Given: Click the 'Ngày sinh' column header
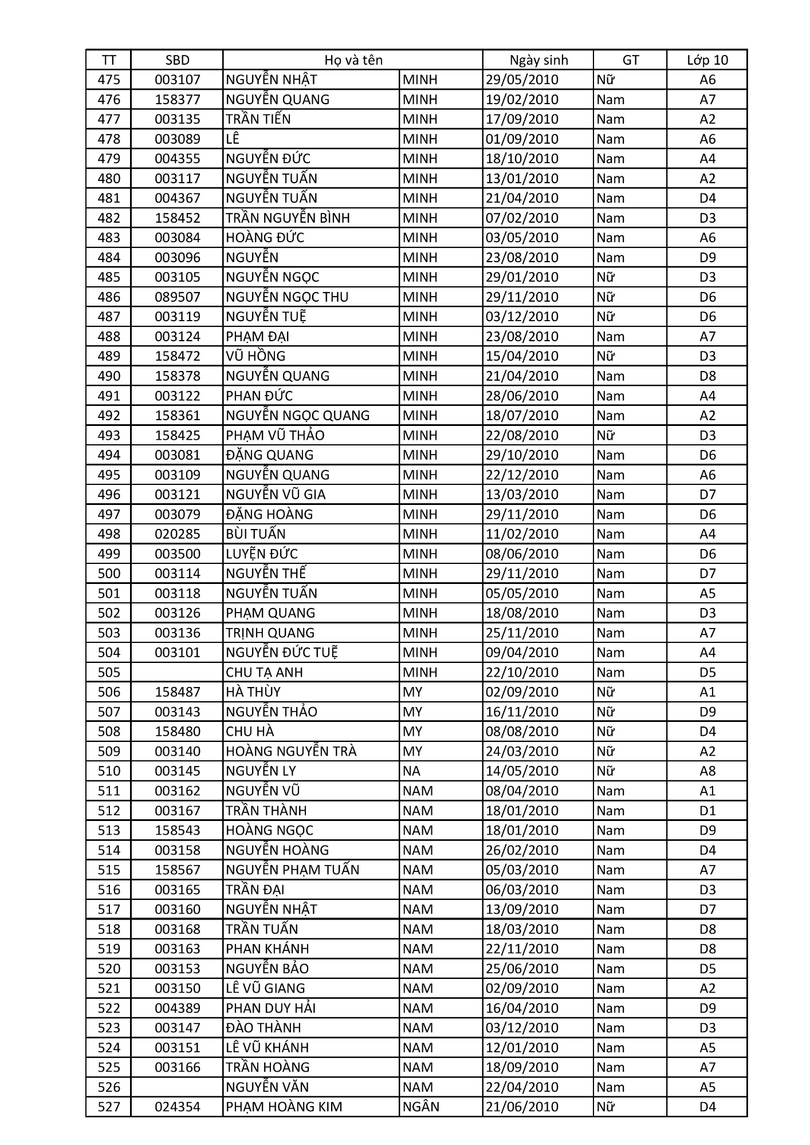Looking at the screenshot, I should pos(538,60).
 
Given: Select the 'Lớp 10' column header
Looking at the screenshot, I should pos(707,60).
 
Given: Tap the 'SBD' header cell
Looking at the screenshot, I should pos(177,60).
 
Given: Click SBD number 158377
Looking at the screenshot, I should pos(177,100).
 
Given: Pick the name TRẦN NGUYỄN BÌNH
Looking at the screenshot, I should pos(288,218).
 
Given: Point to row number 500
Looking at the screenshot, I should pos(109,574).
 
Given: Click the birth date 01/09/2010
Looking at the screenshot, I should pos(522,139).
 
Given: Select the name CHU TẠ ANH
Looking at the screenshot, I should pos(264,672).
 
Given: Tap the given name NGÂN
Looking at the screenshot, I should pos(421,1107).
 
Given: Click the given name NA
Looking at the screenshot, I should pos(411,771).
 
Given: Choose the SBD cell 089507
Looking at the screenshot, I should pos(177,297).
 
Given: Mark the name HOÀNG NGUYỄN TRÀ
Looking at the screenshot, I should pos(291,751).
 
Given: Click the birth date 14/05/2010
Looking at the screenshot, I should pos(522,771).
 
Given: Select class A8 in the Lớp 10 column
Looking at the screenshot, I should pos(707,771).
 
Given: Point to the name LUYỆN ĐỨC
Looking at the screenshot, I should pos(262,554).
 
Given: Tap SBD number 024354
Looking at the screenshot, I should pos(177,1107).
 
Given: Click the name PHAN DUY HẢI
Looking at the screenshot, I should pos(271,1008).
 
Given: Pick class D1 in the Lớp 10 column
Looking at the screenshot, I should pos(707,811).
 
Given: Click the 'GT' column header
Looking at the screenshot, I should pos(630,60).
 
